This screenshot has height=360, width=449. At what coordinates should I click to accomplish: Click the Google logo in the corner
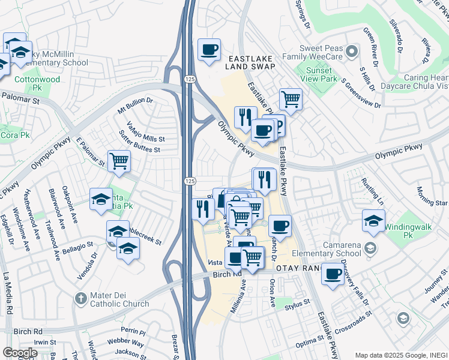coord(20,353)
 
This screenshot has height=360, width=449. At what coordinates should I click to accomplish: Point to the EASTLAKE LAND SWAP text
coord(252,62)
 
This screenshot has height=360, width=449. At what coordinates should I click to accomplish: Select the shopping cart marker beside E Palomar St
coord(119,161)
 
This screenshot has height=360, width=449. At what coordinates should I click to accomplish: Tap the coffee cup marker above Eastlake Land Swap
coord(209,50)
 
